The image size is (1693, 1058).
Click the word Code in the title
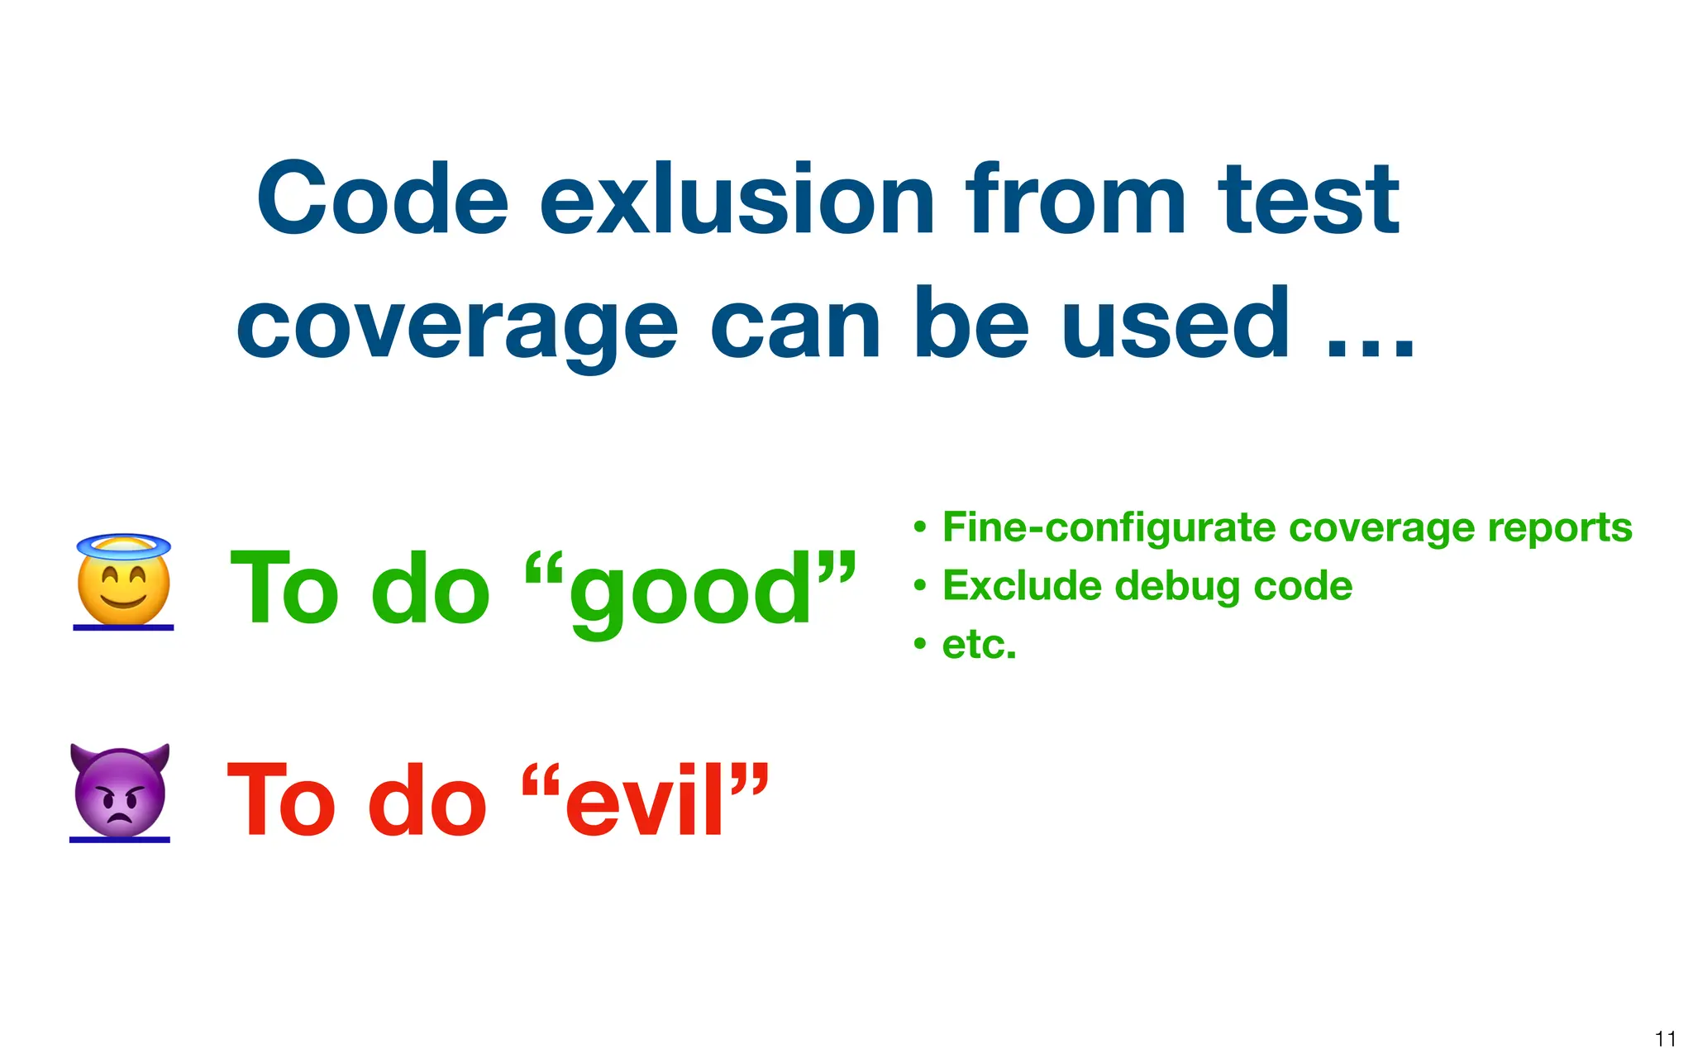(382, 200)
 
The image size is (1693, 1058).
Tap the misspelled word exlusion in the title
(737, 200)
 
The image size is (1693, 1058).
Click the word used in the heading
(1175, 324)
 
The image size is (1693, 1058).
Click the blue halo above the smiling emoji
(124, 546)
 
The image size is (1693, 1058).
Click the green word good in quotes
(690, 591)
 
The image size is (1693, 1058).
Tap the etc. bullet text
(979, 645)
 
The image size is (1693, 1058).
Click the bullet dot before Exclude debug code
(920, 586)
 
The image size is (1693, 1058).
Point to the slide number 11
(1665, 1038)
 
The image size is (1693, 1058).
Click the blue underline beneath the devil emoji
(120, 840)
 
